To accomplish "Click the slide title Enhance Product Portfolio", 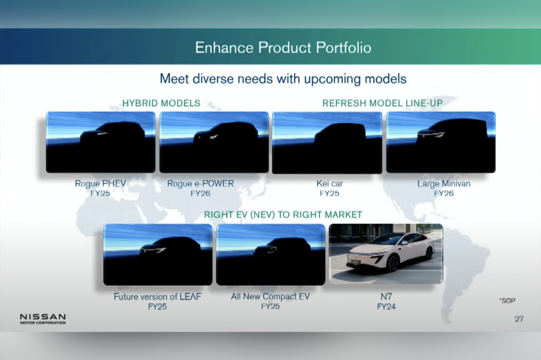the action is [x=283, y=47].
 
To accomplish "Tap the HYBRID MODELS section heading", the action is [x=161, y=103].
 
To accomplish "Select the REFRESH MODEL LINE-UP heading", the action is [x=382, y=103].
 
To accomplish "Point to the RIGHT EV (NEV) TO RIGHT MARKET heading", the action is [x=283, y=215].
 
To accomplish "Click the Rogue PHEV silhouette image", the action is [x=101, y=142].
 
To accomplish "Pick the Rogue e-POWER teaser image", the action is [x=214, y=142].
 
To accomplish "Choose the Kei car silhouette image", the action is [x=327, y=143].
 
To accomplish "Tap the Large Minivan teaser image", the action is [x=441, y=142].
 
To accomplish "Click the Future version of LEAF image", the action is [x=158, y=255].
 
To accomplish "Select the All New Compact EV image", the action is [x=270, y=255].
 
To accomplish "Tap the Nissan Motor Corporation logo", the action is [x=43, y=319].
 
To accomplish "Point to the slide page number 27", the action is [x=519, y=319].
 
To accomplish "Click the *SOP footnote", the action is [x=507, y=301].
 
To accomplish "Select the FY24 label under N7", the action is [x=386, y=306].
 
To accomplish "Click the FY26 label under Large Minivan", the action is [x=444, y=193].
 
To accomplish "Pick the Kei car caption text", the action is [x=330, y=184].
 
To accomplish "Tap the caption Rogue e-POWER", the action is [x=201, y=184].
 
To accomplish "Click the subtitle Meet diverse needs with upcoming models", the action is [x=283, y=79].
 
